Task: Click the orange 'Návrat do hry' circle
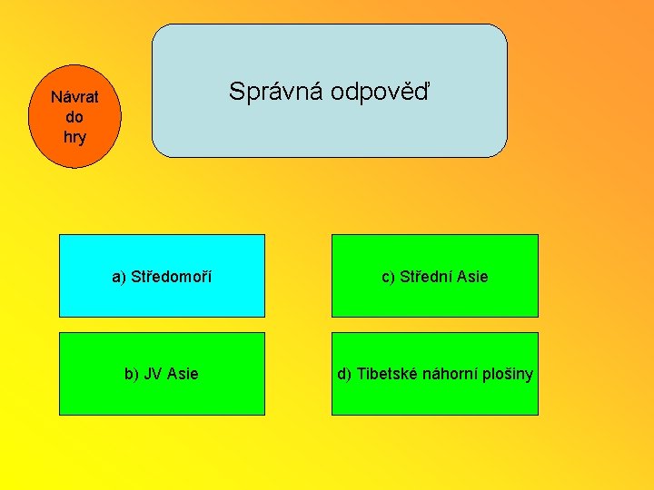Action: [x=74, y=117]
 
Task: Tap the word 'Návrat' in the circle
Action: [x=74, y=97]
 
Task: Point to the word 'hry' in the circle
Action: [x=74, y=137]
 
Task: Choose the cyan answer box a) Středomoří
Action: [x=162, y=276]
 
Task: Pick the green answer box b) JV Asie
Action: [x=162, y=374]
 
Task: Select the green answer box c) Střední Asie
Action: [x=434, y=276]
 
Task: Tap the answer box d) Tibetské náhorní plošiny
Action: [x=434, y=374]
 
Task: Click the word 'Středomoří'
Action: [x=172, y=276]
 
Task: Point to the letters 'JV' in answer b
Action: [x=154, y=374]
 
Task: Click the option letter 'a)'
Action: [x=119, y=276]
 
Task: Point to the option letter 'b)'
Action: [x=132, y=374]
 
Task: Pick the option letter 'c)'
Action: [x=388, y=276]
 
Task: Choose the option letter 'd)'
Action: [x=345, y=374]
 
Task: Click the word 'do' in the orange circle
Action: [x=74, y=117]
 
